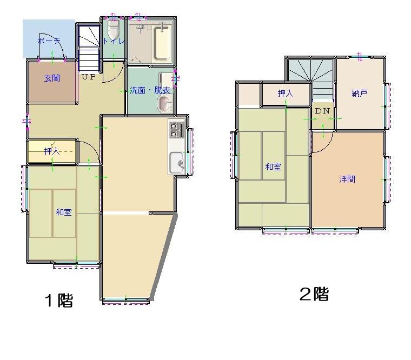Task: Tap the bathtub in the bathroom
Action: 162,43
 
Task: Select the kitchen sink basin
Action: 177,163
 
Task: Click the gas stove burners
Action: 177,130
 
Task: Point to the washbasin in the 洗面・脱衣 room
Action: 164,103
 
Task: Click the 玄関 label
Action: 51,78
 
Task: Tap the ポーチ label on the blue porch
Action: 49,41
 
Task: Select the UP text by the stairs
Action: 89,77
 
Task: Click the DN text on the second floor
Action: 322,111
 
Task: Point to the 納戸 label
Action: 360,93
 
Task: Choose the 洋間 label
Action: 347,179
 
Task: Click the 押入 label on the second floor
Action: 286,93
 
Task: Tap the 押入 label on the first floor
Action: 52,151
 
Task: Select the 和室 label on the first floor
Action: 64,212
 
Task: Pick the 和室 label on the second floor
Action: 273,166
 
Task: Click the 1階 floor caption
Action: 59,300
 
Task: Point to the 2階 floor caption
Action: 314,294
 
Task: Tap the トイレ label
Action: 113,41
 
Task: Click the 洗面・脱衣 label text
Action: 150,90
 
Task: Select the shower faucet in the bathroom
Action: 141,28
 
